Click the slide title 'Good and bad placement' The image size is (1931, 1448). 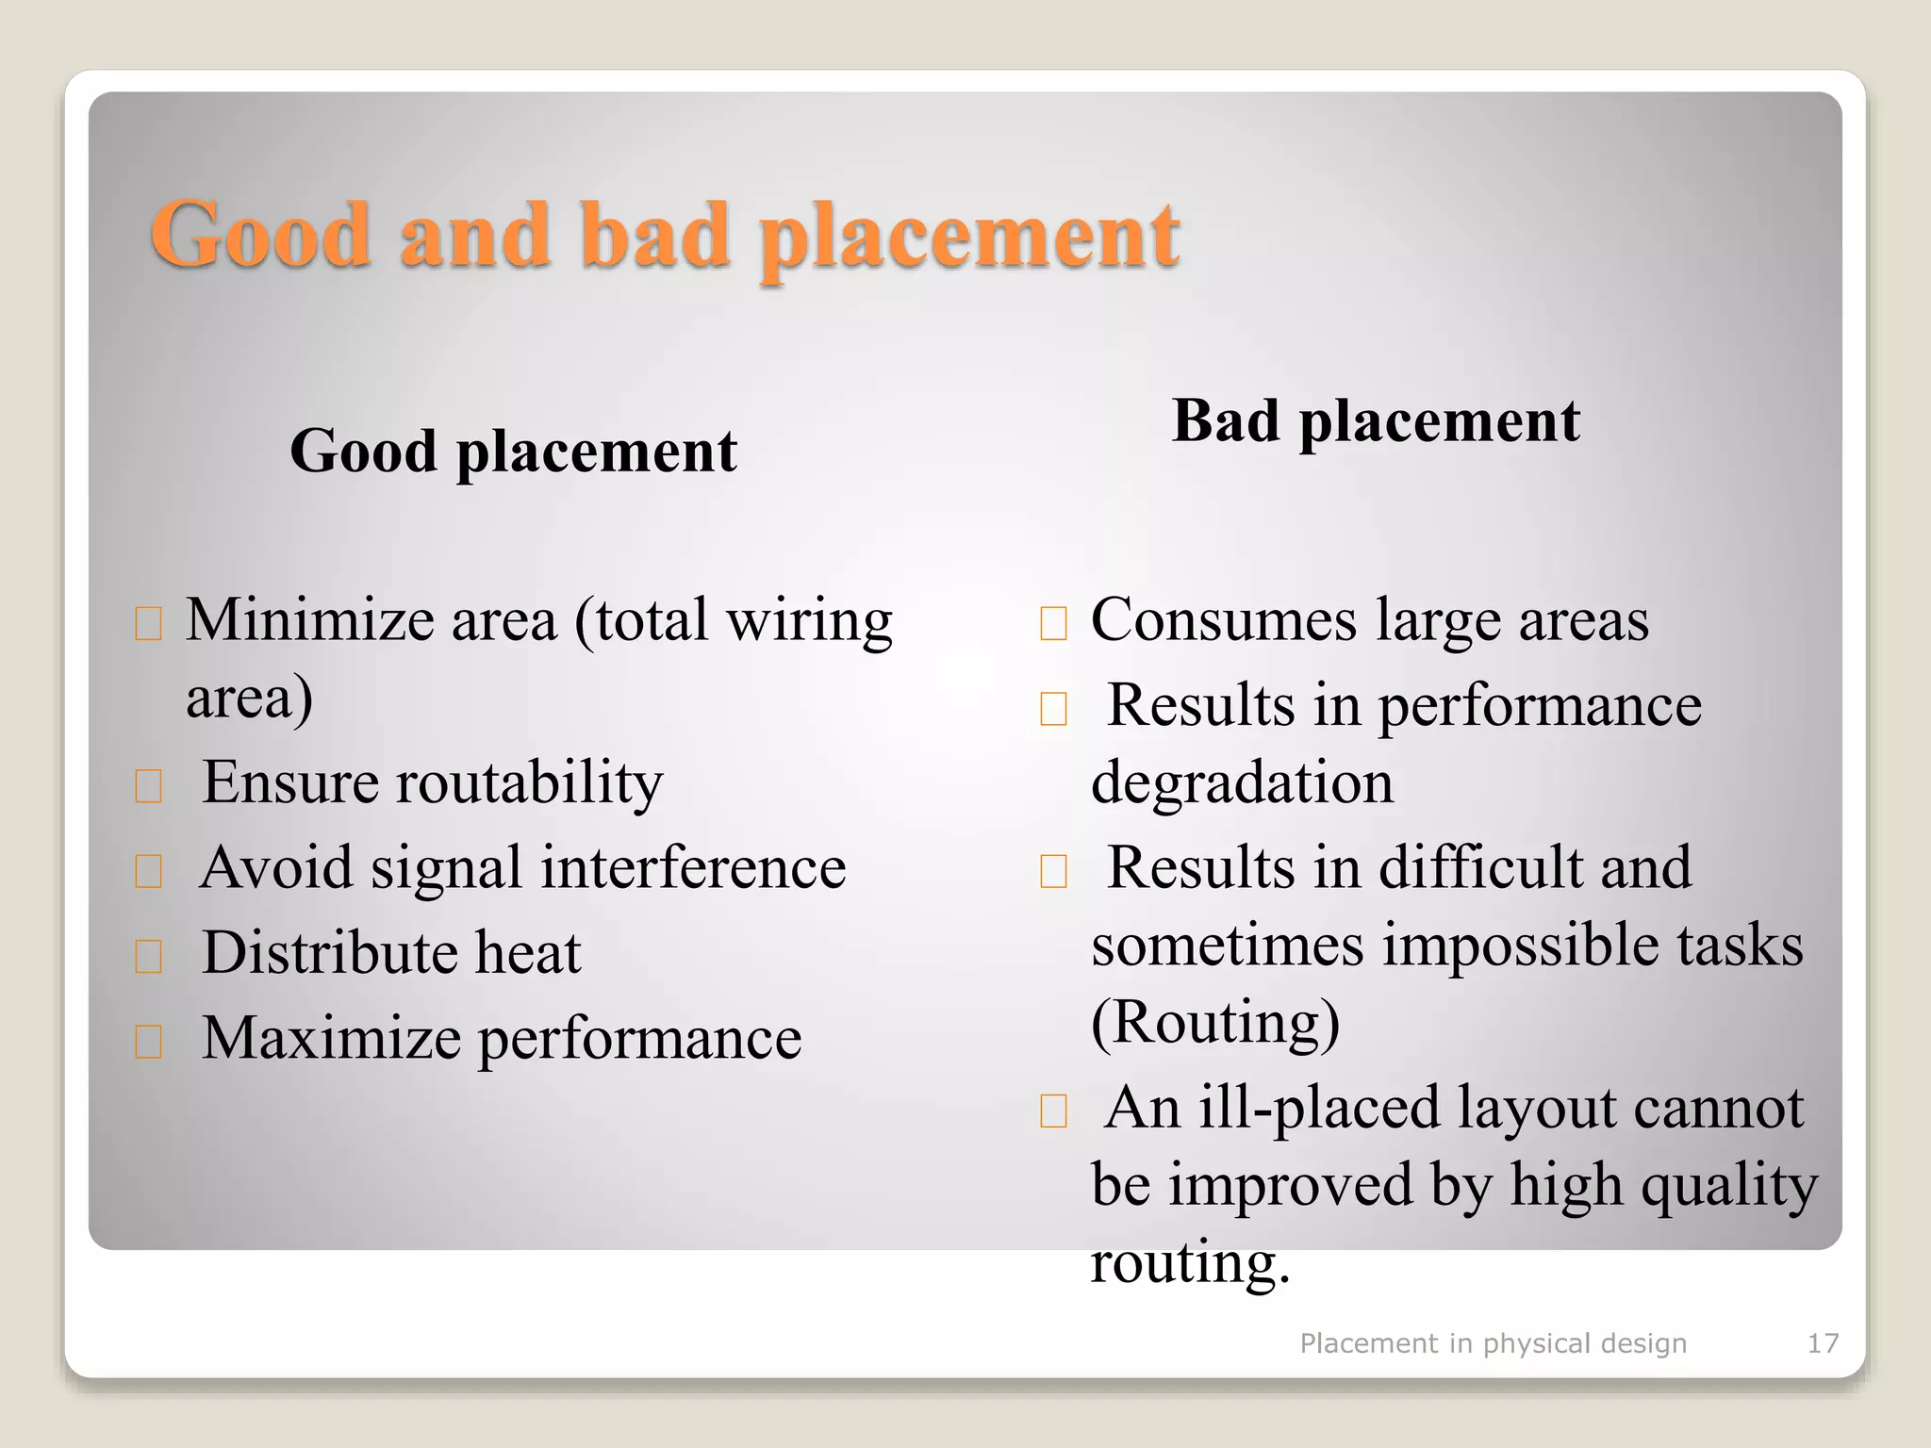[x=665, y=236]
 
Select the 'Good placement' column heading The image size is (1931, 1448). [x=513, y=451]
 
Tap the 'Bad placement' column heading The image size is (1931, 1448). [x=1375, y=420]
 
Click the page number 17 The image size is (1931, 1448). [x=1823, y=1342]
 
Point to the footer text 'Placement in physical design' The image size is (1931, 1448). [x=1493, y=1342]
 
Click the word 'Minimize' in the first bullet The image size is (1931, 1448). [x=308, y=620]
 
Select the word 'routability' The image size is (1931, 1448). [x=529, y=782]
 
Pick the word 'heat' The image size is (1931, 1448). [x=528, y=952]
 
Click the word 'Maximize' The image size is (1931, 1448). [x=331, y=1038]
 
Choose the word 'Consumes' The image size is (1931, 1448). [x=1224, y=620]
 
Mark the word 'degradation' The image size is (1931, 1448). [x=1242, y=782]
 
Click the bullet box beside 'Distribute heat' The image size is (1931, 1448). [x=148, y=956]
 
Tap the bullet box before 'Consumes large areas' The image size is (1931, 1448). [x=1053, y=624]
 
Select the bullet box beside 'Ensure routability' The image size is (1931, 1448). [x=148, y=785]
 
